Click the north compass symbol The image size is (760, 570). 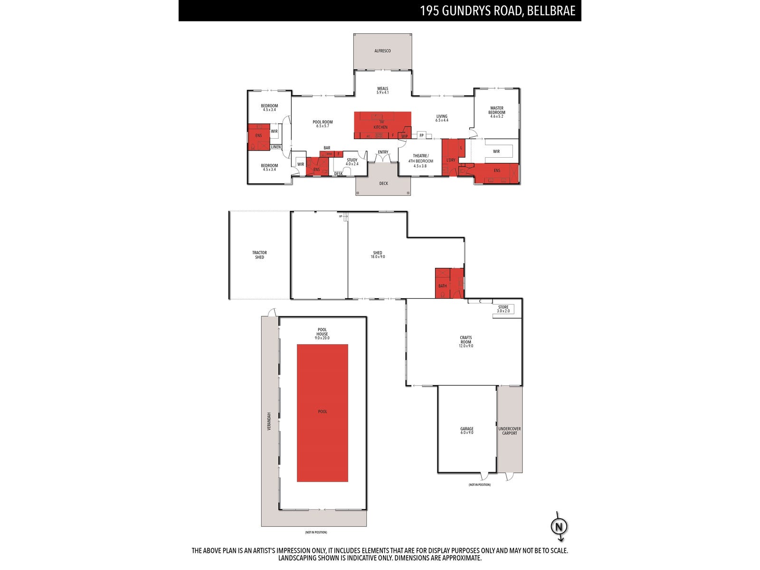click(559, 526)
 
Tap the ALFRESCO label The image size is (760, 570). click(382, 51)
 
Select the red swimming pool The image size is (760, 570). click(323, 412)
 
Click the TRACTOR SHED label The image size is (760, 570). click(259, 255)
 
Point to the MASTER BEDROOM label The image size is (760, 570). click(497, 110)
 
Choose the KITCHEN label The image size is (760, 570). click(380, 127)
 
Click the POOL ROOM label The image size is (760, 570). click(323, 122)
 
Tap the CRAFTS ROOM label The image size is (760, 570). click(465, 340)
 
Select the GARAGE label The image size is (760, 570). click(467, 429)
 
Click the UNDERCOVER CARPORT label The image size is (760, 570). click(510, 431)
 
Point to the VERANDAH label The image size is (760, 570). click(269, 421)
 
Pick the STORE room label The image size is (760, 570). click(503, 307)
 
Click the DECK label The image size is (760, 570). click(383, 183)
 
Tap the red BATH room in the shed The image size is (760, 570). click(443, 286)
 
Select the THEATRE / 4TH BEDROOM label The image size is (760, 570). click(420, 158)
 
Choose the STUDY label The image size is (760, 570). click(352, 160)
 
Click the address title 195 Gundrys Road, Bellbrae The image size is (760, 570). click(497, 10)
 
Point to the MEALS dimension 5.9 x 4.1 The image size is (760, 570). click(383, 93)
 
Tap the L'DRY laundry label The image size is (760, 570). click(451, 160)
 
